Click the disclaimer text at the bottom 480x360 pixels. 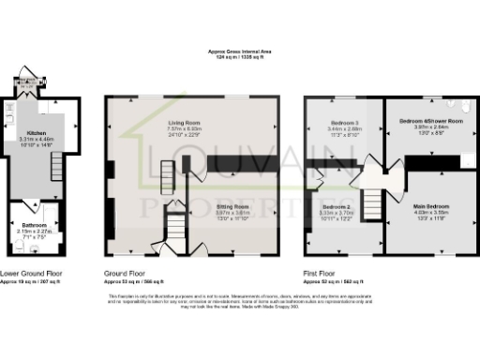239,300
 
